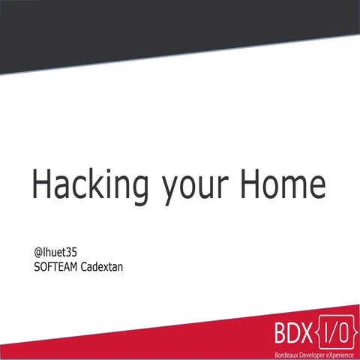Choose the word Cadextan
tap(100, 264)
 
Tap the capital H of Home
tap(252, 184)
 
